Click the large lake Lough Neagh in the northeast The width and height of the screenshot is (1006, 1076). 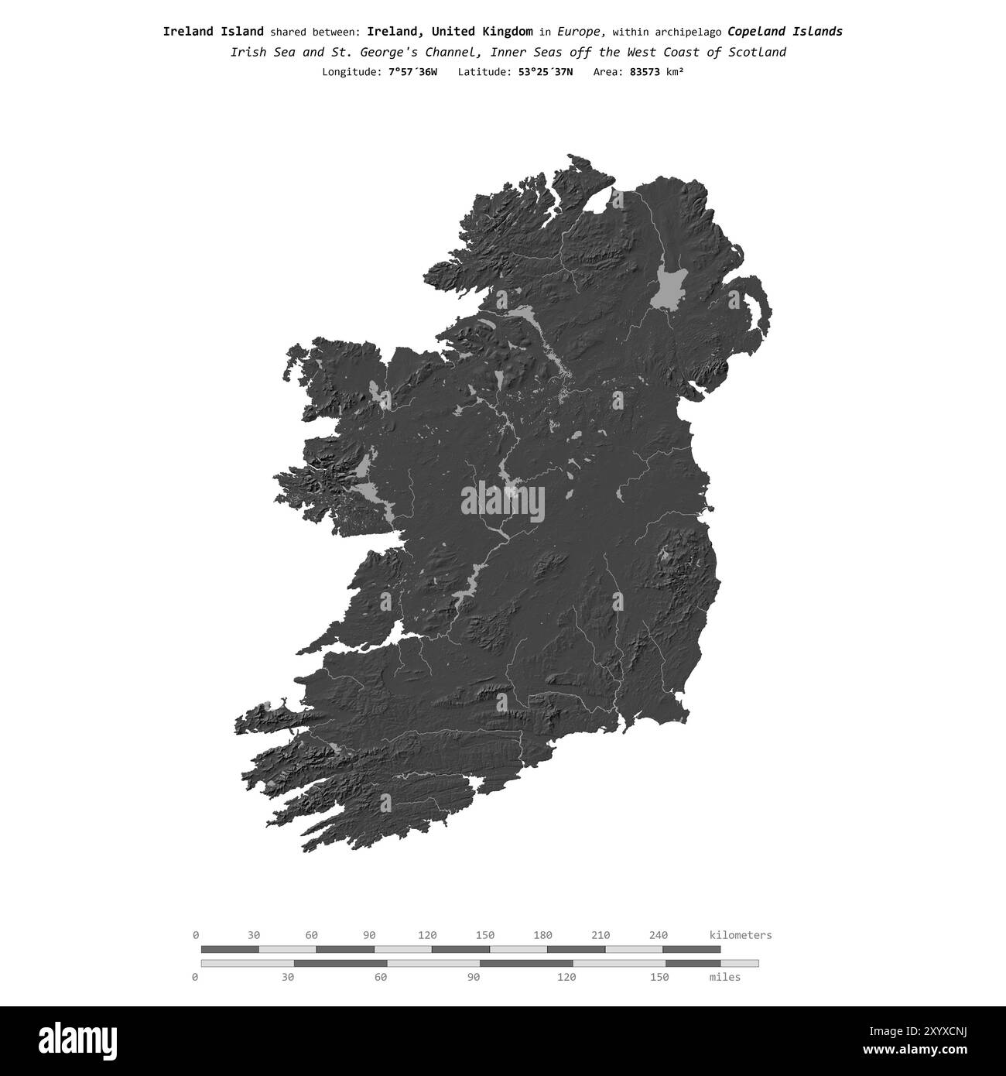click(x=670, y=290)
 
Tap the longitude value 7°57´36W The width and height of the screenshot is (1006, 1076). click(x=412, y=72)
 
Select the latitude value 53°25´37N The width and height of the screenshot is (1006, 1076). click(x=546, y=72)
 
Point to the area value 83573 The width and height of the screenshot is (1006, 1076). click(x=646, y=72)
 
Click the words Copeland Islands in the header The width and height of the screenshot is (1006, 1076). click(x=785, y=32)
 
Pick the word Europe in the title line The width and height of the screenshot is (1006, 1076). click(x=580, y=32)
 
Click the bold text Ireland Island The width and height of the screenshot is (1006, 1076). click(x=213, y=32)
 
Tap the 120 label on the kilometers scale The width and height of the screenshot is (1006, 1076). click(x=427, y=935)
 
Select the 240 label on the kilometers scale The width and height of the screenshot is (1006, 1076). click(x=659, y=935)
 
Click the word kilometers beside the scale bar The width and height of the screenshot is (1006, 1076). click(x=740, y=935)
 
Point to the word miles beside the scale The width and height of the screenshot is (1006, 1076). click(x=724, y=977)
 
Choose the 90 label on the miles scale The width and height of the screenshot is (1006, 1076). click(x=474, y=977)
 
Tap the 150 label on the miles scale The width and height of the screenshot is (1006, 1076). click(x=659, y=977)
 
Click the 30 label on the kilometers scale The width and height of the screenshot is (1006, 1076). click(x=254, y=935)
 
